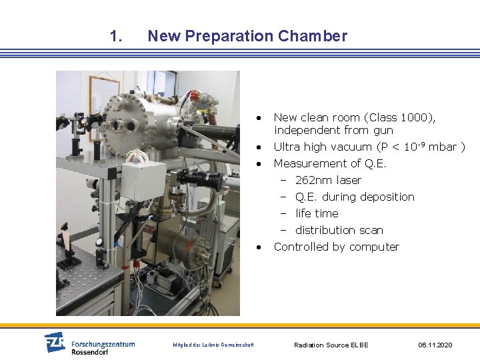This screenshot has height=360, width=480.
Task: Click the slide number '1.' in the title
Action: pyautogui.click(x=116, y=36)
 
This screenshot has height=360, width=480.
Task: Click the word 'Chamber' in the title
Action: pyautogui.click(x=317, y=36)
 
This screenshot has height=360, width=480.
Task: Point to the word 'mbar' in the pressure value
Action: pyautogui.click(x=443, y=147)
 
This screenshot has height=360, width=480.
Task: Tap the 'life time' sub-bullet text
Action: pyautogui.click(x=317, y=213)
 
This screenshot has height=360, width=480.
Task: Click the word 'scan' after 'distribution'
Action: pyautogui.click(x=371, y=230)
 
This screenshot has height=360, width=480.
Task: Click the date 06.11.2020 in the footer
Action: pyautogui.click(x=435, y=345)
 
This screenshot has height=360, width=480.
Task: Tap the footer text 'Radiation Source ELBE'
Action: pyautogui.click(x=331, y=345)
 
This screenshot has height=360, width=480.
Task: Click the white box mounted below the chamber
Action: pyautogui.click(x=142, y=180)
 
